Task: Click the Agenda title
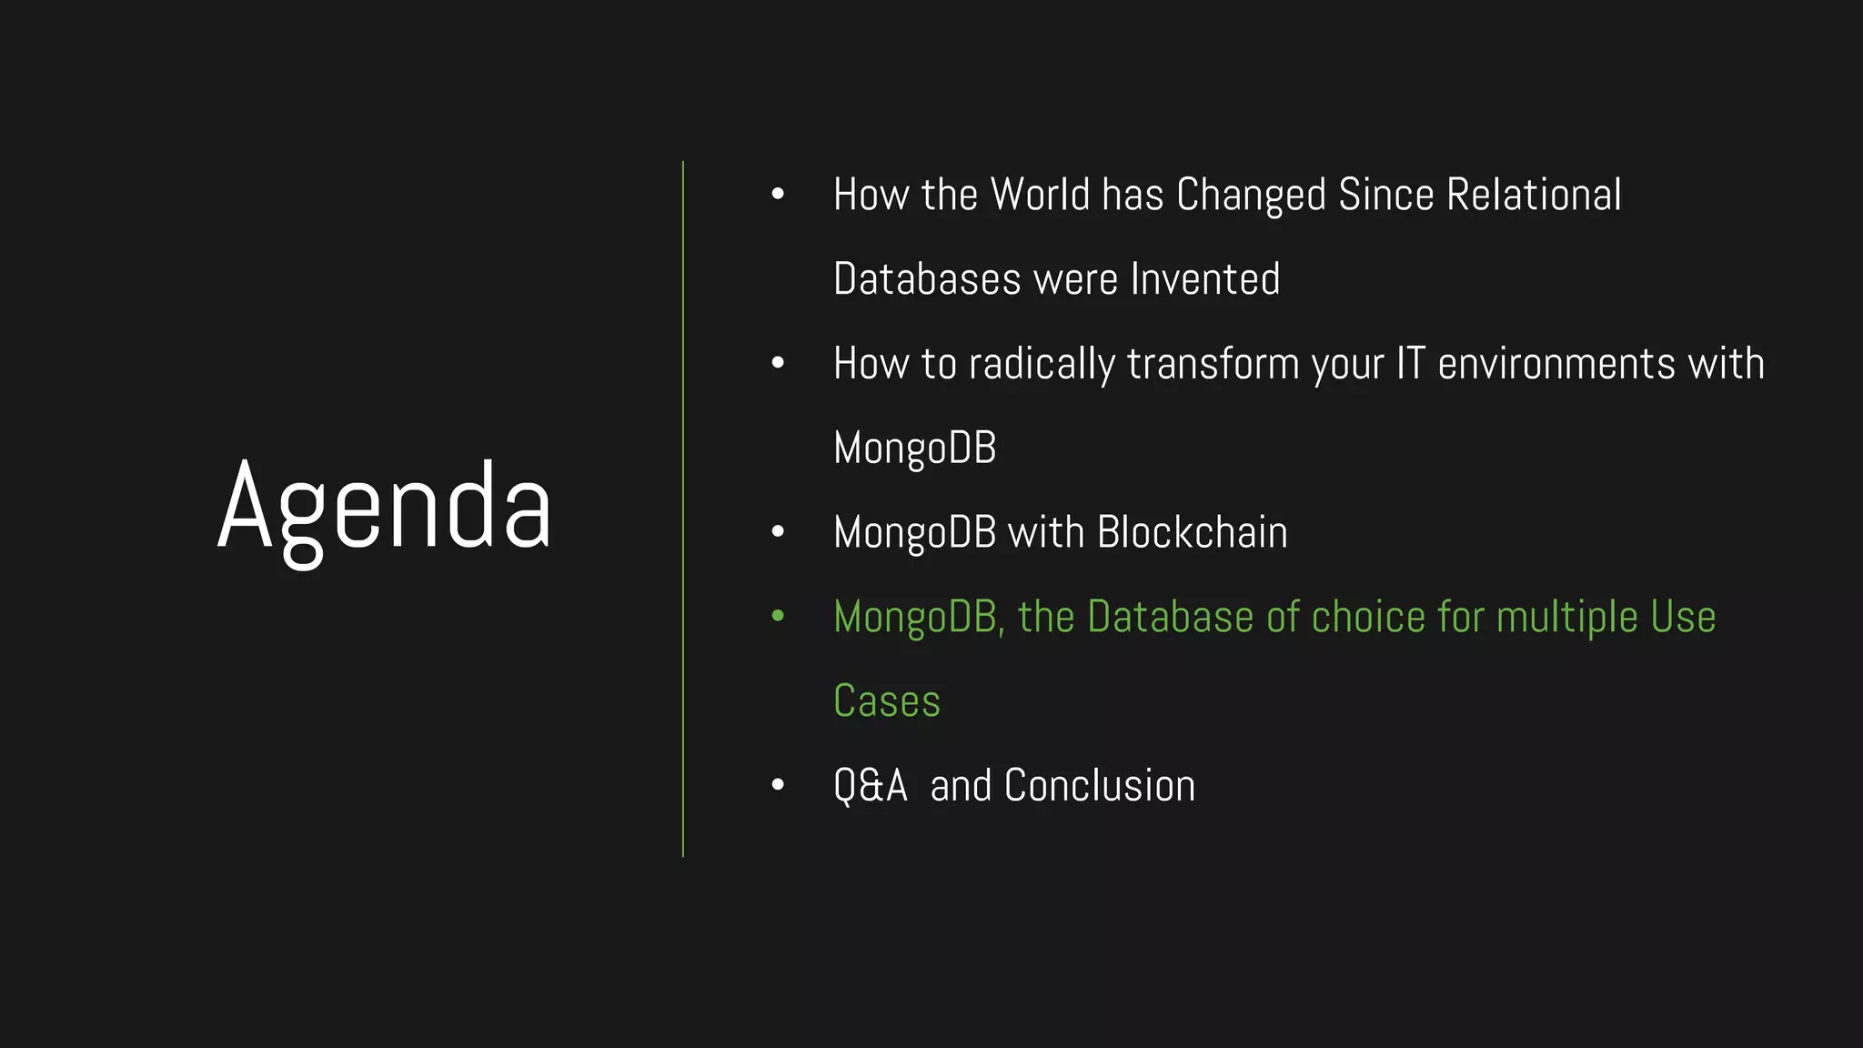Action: tap(384, 508)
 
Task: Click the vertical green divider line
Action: tap(683, 509)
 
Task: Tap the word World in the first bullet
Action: tap(1040, 195)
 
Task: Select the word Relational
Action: tap(1534, 195)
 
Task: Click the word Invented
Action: tap(1204, 279)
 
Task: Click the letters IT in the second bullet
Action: tap(1410, 363)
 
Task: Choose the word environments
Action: tap(1556, 364)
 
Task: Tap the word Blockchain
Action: tap(1193, 532)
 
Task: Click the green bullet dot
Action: tap(778, 616)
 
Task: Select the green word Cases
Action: tap(887, 701)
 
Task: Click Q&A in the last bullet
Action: tap(870, 786)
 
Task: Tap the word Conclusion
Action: tap(1099, 786)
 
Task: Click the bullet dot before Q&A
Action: tap(778, 784)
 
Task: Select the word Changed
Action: tap(1251, 195)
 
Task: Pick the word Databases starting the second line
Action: tap(927, 279)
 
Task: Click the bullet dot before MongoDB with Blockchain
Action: tap(778, 531)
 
